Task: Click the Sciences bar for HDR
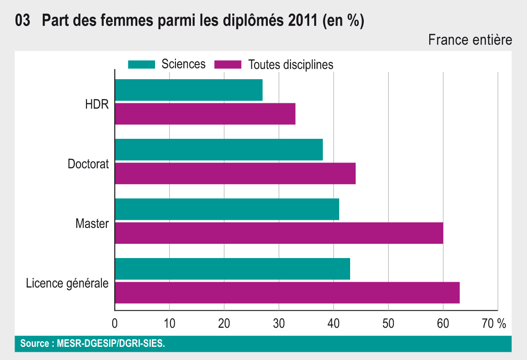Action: coord(189,90)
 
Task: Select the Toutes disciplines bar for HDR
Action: coord(205,114)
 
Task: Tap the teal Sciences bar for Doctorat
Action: coord(219,150)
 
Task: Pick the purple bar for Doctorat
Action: coord(235,173)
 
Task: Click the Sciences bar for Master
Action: coord(227,209)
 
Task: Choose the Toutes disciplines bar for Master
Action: coord(279,233)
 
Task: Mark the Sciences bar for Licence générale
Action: coord(232,269)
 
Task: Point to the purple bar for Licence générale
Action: coord(287,293)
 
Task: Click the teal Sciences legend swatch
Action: coord(141,64)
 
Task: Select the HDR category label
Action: coord(97,104)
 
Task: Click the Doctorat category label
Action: coord(88,164)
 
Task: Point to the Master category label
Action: coord(92,223)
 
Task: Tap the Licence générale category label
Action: coord(67,284)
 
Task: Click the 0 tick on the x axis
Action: coord(115,324)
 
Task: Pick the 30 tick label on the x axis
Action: coord(279,324)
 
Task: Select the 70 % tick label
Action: coord(494,324)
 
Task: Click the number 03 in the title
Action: coord(22,21)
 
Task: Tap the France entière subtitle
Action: coord(470,40)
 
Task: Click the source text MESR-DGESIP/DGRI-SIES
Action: coord(111,344)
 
